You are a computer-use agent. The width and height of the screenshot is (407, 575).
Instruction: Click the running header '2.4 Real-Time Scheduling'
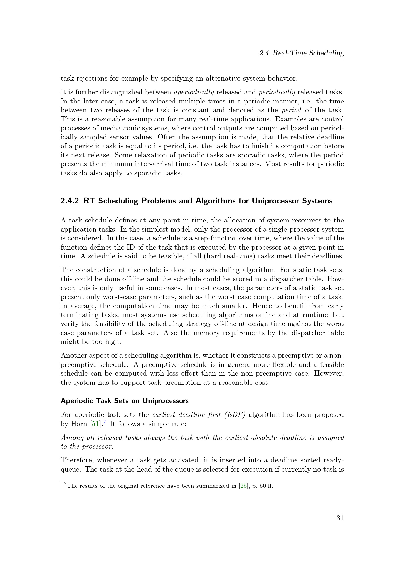(x=301, y=53)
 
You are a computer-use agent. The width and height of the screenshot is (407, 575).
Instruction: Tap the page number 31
(x=340, y=518)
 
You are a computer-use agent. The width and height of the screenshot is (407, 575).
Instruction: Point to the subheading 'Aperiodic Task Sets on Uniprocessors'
(x=125, y=401)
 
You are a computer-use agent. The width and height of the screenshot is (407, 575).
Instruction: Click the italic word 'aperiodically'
(x=194, y=92)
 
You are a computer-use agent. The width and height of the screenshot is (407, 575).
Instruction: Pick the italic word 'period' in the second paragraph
(x=291, y=110)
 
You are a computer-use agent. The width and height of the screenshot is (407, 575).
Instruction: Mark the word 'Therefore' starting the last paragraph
(x=77, y=460)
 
